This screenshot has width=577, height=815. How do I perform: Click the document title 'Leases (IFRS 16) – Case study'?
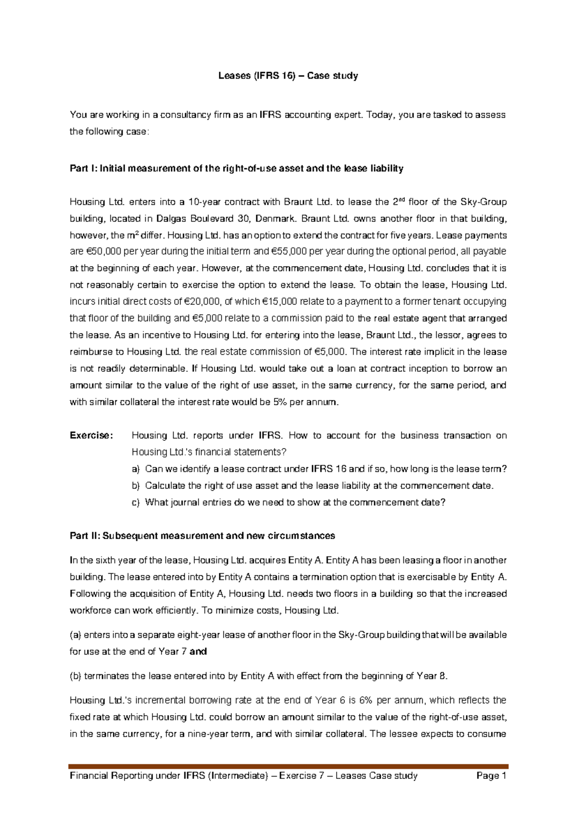(x=288, y=76)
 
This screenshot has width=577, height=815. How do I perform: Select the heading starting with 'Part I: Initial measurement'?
(x=236, y=169)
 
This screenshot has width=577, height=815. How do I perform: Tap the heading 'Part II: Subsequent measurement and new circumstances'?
(x=202, y=536)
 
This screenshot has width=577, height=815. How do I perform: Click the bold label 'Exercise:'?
(x=91, y=435)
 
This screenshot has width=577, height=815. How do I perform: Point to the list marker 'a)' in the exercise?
(x=135, y=469)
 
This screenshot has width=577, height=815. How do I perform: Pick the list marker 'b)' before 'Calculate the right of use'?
(x=135, y=486)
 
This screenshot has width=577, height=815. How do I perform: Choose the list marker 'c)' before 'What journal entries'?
(x=135, y=503)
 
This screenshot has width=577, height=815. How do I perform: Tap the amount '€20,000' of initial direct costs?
(x=202, y=302)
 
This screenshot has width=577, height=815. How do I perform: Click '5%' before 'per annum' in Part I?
(x=280, y=402)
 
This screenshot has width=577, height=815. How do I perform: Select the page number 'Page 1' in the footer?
(x=491, y=776)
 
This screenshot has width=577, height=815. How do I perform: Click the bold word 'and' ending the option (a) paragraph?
(x=198, y=652)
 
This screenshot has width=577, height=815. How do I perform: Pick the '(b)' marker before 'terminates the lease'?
(x=75, y=676)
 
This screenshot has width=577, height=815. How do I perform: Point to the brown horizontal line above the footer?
(x=288, y=766)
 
